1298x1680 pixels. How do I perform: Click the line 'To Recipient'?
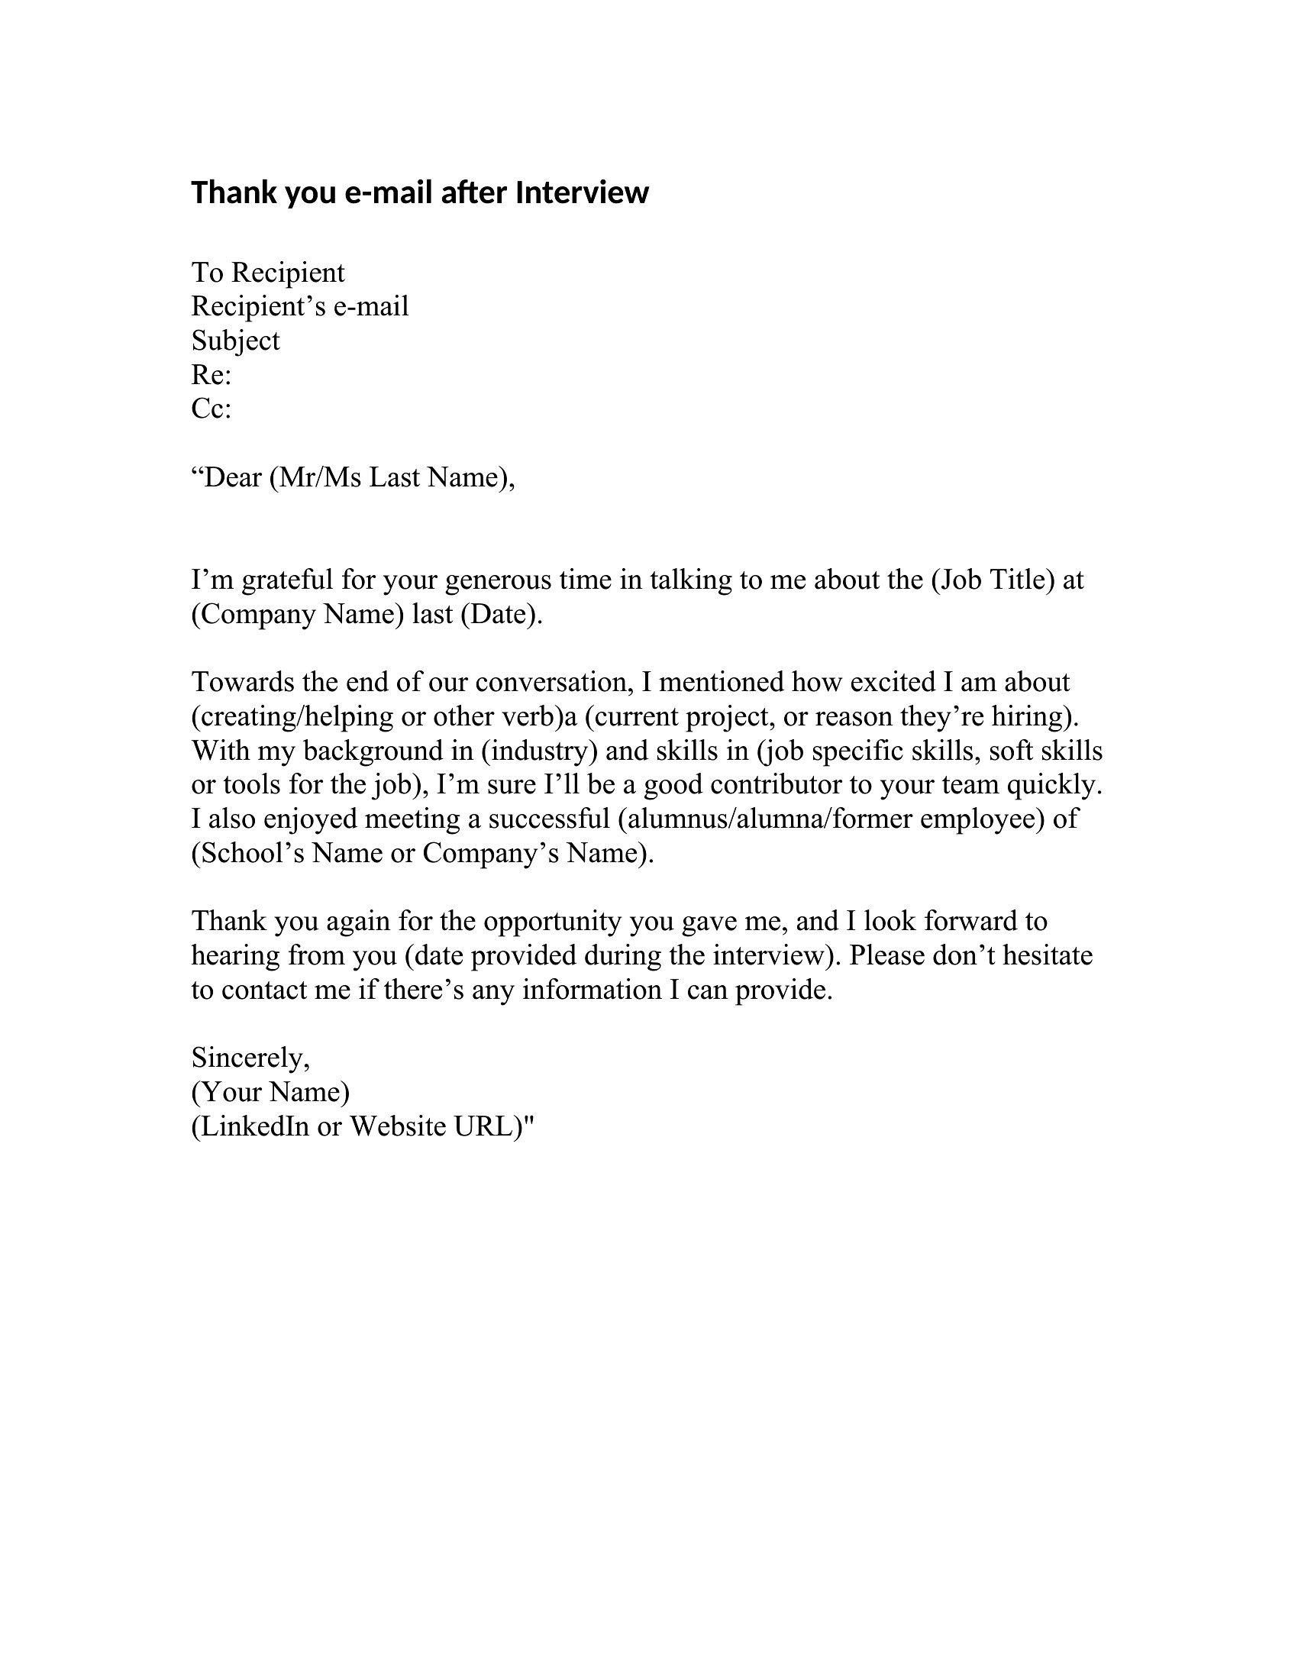click(x=267, y=273)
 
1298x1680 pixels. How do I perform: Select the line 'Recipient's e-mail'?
click(x=299, y=306)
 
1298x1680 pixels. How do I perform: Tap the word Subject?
click(x=235, y=341)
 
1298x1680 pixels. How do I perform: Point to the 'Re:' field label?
click(x=211, y=375)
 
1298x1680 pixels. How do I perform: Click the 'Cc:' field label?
click(x=211, y=409)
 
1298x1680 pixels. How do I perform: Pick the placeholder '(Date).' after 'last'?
click(x=502, y=614)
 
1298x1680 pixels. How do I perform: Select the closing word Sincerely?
click(x=249, y=1058)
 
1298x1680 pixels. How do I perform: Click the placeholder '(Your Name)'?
click(x=270, y=1091)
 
